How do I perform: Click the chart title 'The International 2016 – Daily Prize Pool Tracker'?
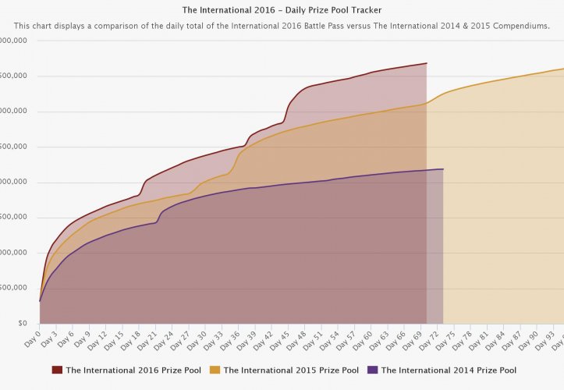click(282, 10)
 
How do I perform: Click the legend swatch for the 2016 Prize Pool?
click(57, 370)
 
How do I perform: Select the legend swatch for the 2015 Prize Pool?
click(215, 370)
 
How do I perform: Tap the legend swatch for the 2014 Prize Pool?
click(372, 370)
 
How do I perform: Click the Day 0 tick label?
click(32, 337)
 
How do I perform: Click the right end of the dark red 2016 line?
click(427, 63)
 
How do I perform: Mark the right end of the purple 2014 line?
click(443, 168)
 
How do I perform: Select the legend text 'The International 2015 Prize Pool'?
click(291, 370)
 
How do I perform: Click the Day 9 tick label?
click(82, 337)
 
